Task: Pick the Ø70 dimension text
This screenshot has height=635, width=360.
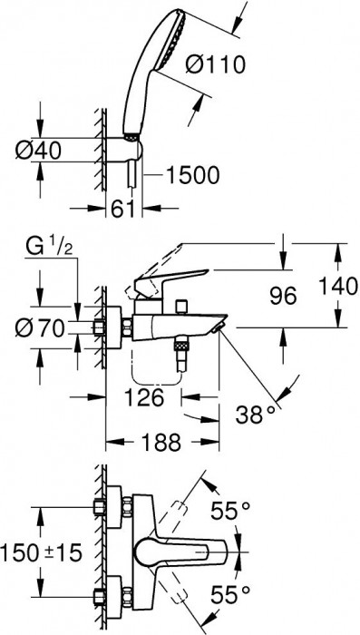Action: pyautogui.click(x=40, y=328)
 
